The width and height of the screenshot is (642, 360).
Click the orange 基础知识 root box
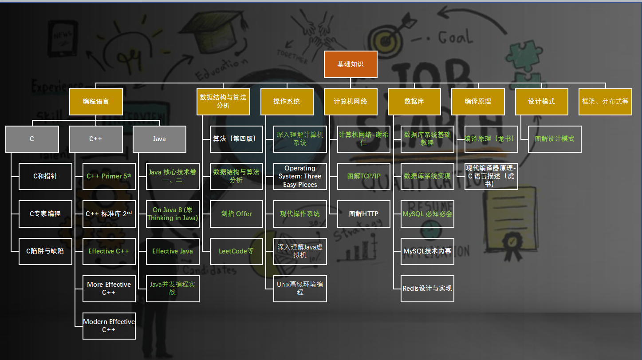tap(351, 64)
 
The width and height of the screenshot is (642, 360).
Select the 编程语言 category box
tap(96, 102)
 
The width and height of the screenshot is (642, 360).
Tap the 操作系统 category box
tap(287, 102)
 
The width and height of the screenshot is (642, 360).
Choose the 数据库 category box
tap(414, 102)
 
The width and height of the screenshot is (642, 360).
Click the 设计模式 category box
tap(542, 102)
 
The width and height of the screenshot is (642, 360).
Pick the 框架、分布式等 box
tap(605, 102)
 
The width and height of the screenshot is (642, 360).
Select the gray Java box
tap(159, 139)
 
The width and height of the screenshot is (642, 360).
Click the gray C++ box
tap(96, 139)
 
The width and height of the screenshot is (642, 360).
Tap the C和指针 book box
tap(45, 176)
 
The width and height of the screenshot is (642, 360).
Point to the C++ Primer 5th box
tap(109, 176)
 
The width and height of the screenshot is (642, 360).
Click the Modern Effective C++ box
tap(109, 326)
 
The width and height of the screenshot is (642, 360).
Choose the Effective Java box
tap(173, 251)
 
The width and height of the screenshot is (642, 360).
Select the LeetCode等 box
tap(236, 251)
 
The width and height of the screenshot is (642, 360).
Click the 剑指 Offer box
tap(236, 214)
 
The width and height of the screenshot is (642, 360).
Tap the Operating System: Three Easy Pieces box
tap(300, 176)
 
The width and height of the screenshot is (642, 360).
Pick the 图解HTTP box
tap(364, 214)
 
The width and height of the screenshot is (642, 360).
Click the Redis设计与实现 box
tap(427, 289)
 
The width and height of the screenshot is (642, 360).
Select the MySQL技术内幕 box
tap(427, 251)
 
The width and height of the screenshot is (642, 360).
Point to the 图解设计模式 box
tap(555, 139)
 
